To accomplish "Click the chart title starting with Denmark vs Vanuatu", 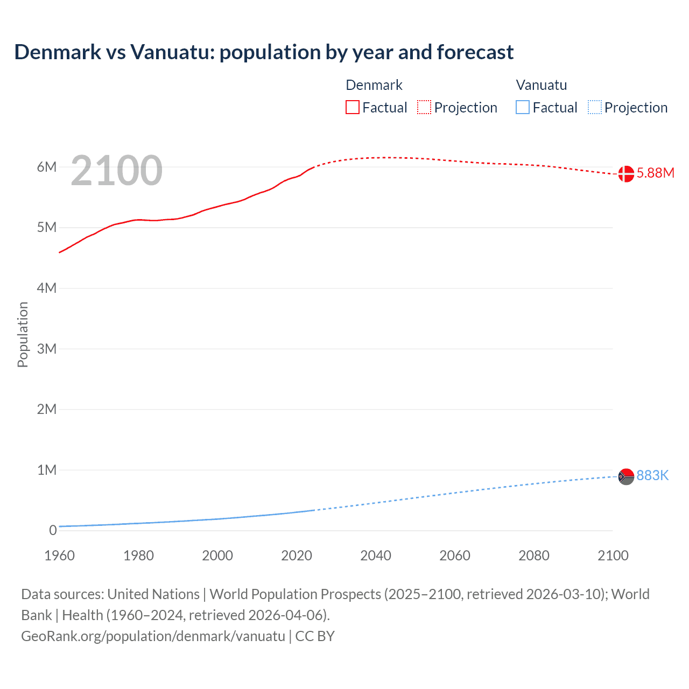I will coord(264,52).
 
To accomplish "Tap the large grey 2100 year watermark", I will coord(116,171).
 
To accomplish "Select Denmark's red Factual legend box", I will coord(352,108).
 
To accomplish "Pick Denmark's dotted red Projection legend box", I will coord(424,108).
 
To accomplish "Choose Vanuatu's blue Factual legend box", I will coord(523,108).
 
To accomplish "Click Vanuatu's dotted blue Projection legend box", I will coord(594,108).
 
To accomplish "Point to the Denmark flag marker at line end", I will coord(626,174).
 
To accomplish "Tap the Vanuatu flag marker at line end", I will coord(626,476).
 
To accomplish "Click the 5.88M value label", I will coord(655,173).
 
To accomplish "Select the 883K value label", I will coord(652,475).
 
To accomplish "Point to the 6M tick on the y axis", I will coord(47,167).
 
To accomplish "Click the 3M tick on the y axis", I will coord(47,349).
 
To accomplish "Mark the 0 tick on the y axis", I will coord(53,530).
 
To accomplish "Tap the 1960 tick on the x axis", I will coord(59,556).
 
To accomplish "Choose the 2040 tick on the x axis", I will coord(376,556).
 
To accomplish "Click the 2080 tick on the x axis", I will coord(534,556).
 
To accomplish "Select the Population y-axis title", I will coord(23,334).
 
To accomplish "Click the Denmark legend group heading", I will coord(374,85).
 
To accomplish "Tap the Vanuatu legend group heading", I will coord(542,85).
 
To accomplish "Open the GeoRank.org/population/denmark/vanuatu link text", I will coord(153,636).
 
